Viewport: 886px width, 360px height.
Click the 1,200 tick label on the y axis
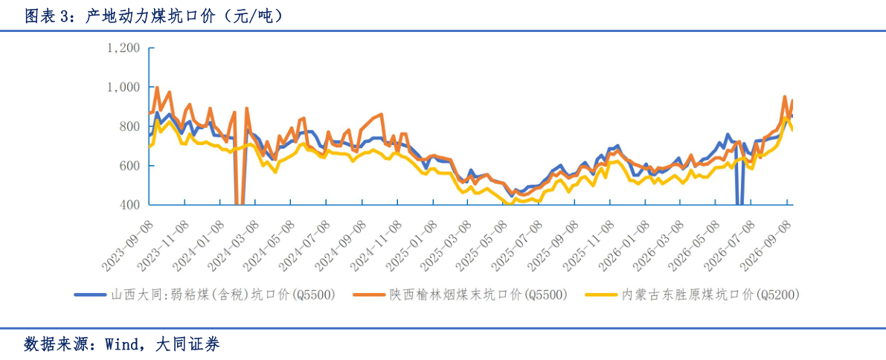(x=123, y=48)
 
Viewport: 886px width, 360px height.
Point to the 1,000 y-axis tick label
(x=123, y=87)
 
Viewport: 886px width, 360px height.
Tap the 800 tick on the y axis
(x=128, y=126)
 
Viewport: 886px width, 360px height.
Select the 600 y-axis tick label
(x=128, y=166)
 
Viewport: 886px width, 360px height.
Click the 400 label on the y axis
(x=128, y=205)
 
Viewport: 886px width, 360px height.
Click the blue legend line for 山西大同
(x=91, y=295)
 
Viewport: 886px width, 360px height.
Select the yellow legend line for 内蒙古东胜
(x=600, y=295)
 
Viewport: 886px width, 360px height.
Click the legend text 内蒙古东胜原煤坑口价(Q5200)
(x=711, y=295)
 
